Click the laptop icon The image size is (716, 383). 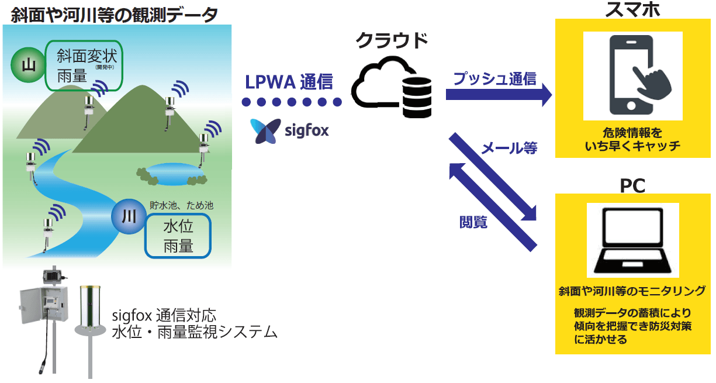(632, 240)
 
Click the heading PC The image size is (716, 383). (632, 186)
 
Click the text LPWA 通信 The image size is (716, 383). (289, 81)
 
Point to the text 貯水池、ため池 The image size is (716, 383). (182, 206)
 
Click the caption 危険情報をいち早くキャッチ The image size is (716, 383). (632, 139)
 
